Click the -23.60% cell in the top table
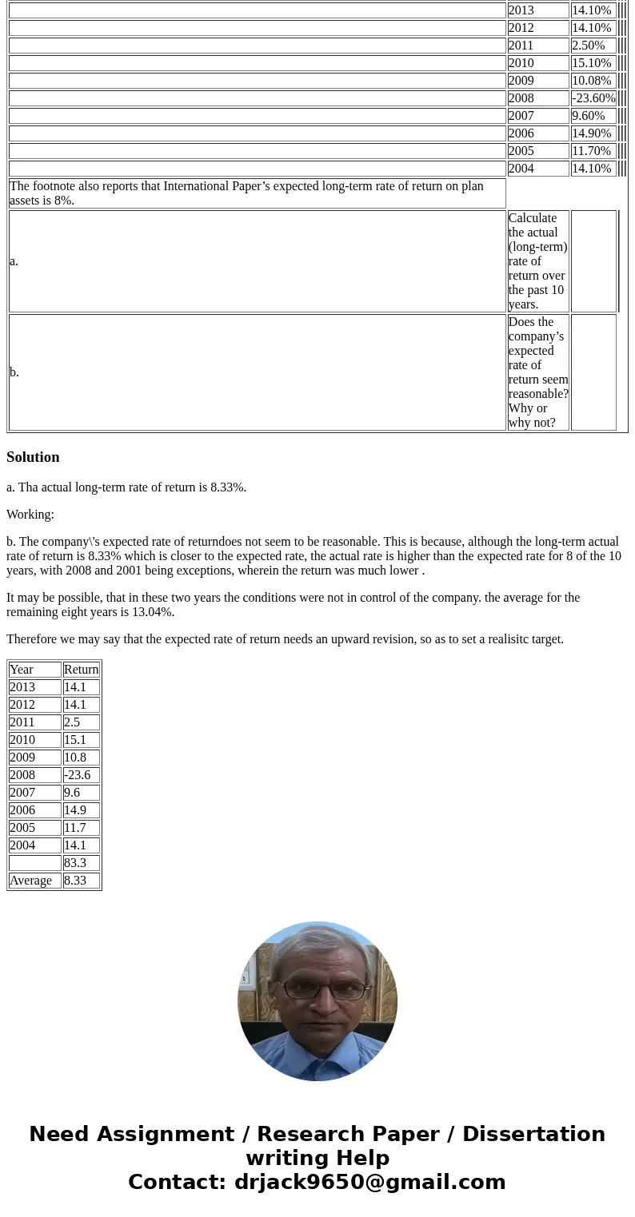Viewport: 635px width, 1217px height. pos(593,98)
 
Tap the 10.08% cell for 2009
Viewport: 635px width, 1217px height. pos(591,81)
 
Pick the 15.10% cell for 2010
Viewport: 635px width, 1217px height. pos(591,63)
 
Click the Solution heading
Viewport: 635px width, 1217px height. pos(33,457)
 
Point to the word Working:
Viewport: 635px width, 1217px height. pos(30,515)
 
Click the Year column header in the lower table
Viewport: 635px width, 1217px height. pos(22,670)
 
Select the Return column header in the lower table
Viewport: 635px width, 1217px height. pos(81,670)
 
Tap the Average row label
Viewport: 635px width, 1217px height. pos(30,881)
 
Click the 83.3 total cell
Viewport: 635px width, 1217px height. pos(75,863)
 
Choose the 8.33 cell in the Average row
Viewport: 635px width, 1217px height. pos(75,881)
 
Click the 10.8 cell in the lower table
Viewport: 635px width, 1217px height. pos(75,758)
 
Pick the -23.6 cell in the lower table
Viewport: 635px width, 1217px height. pos(77,775)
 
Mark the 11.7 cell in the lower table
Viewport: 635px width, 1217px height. pos(75,828)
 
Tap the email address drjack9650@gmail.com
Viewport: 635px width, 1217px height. pos(369,1183)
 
